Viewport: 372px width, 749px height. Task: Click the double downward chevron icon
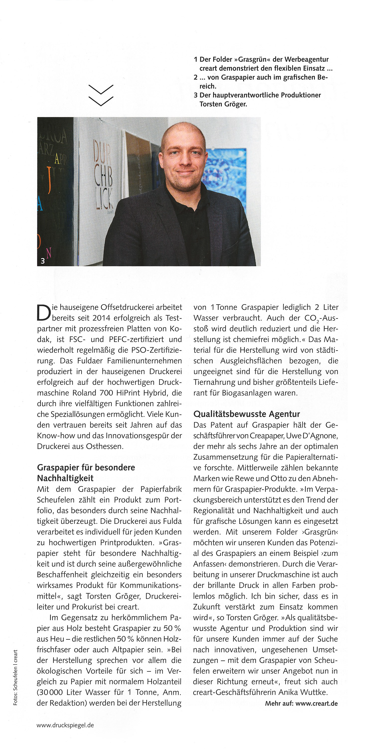click(x=101, y=95)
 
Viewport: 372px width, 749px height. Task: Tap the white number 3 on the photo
click(x=43, y=261)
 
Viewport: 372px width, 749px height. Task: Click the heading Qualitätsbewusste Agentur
click(x=246, y=414)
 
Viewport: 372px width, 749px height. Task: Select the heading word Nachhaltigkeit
click(x=65, y=478)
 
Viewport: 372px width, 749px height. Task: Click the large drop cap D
click(x=44, y=312)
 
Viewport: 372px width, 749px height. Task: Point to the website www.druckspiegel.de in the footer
click(x=65, y=725)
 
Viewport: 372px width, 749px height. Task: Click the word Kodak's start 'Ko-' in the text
click(x=176, y=329)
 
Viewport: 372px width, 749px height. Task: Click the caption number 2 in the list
click(x=196, y=77)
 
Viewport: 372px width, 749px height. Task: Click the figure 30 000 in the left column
click(x=50, y=692)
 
